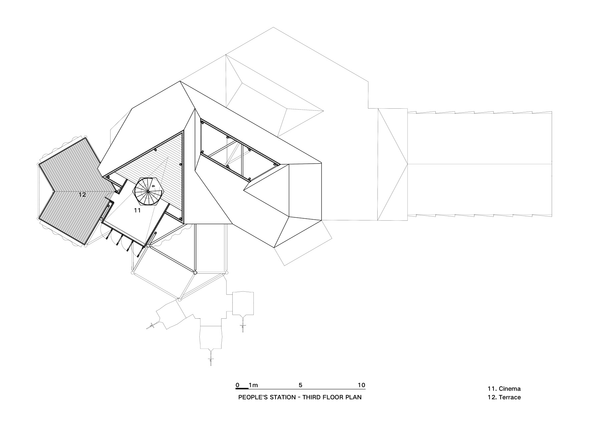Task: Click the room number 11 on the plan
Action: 137,210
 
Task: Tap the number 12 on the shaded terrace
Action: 82,195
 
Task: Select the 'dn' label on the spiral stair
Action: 153,186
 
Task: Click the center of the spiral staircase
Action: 149,191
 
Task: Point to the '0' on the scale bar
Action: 237,385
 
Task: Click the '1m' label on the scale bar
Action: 253,385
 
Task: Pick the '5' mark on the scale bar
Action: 300,385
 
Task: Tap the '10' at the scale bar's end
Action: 362,385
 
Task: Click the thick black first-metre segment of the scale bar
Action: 242,389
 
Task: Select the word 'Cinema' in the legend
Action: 510,388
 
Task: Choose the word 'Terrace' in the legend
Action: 510,397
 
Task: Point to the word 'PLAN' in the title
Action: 354,397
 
